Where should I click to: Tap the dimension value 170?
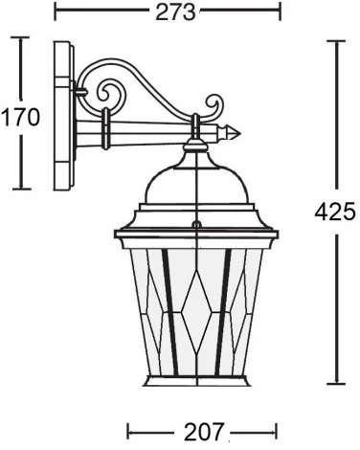[19, 118]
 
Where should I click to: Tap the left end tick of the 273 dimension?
[55, 11]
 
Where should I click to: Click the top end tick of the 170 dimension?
[21, 39]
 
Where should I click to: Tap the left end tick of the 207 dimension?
[128, 431]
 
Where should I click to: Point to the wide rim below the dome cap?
[195, 233]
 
